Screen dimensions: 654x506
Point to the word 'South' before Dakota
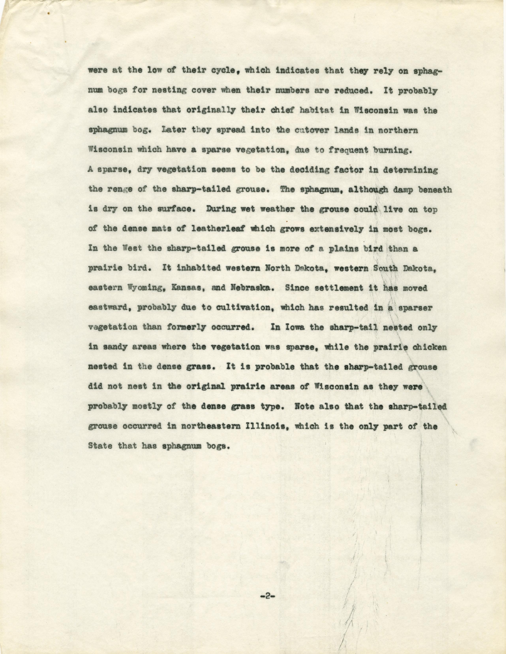coord(386,269)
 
